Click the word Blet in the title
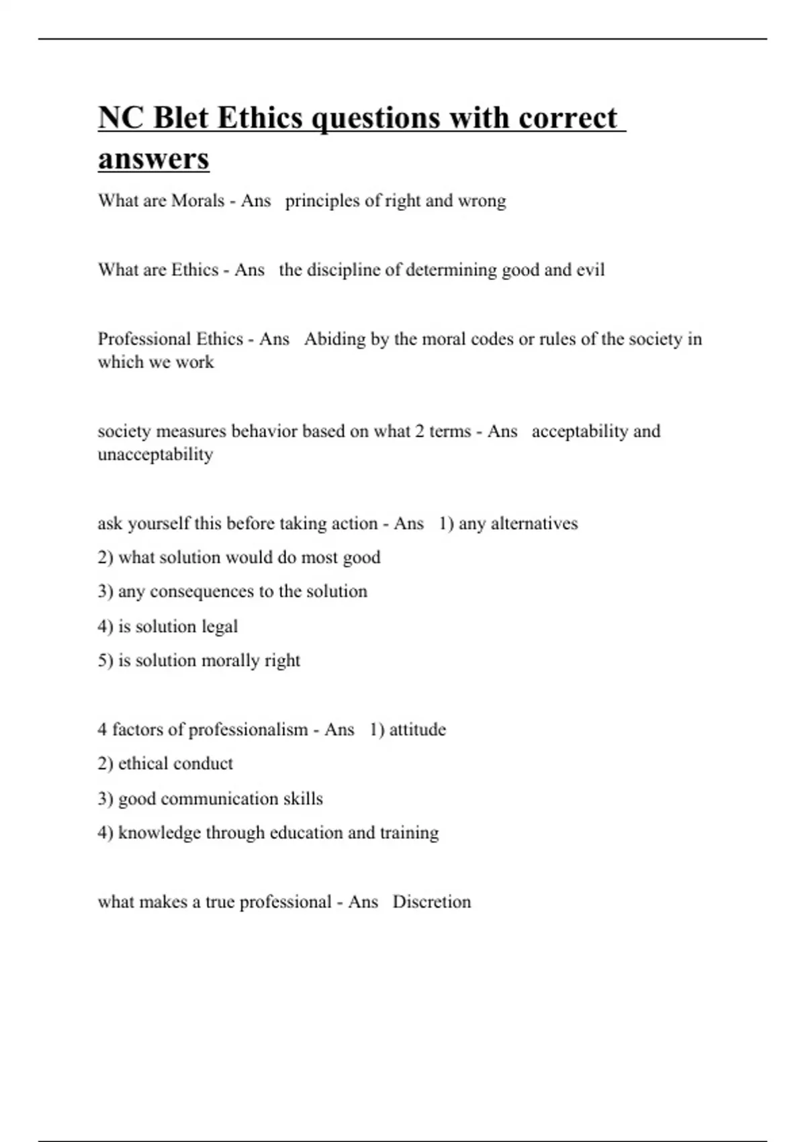[x=179, y=118]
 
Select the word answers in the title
[x=154, y=159]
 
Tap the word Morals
[x=197, y=201]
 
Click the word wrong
[x=482, y=201]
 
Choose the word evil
[x=590, y=270]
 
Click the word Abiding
[x=334, y=339]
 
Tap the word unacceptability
[x=155, y=455]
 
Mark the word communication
[x=219, y=799]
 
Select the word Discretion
[x=431, y=902]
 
